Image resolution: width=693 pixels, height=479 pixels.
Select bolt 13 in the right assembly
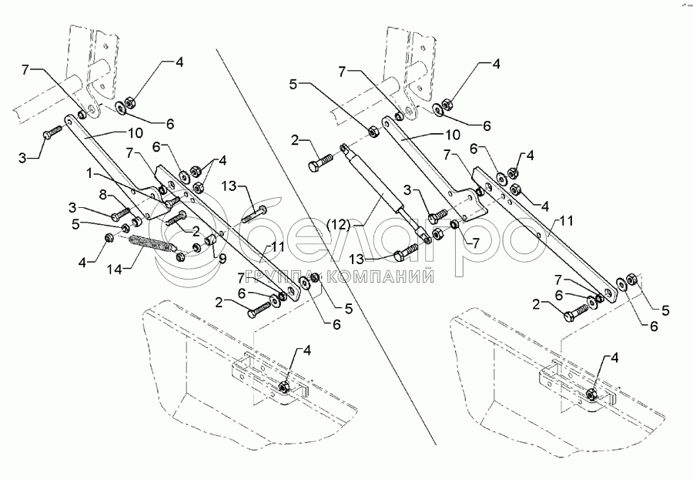point(407,251)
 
